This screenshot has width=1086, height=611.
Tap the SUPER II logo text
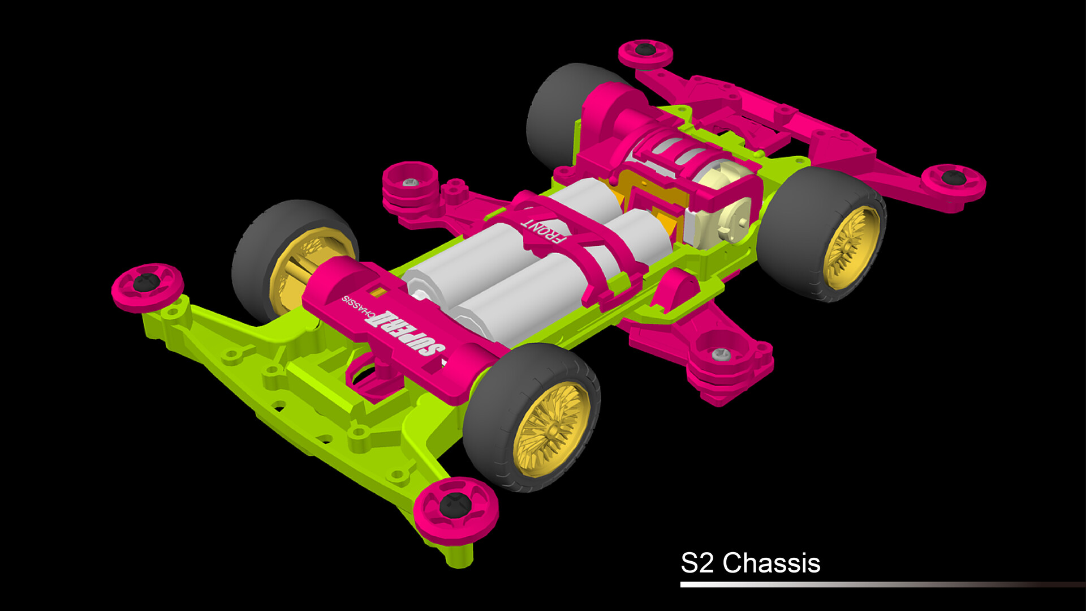coord(405,334)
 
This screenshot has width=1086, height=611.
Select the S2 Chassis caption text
coord(750,563)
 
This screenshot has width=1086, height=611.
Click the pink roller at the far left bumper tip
coord(147,286)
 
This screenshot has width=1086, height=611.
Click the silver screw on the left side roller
coord(411,183)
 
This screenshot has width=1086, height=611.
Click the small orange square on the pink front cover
coord(378,292)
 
